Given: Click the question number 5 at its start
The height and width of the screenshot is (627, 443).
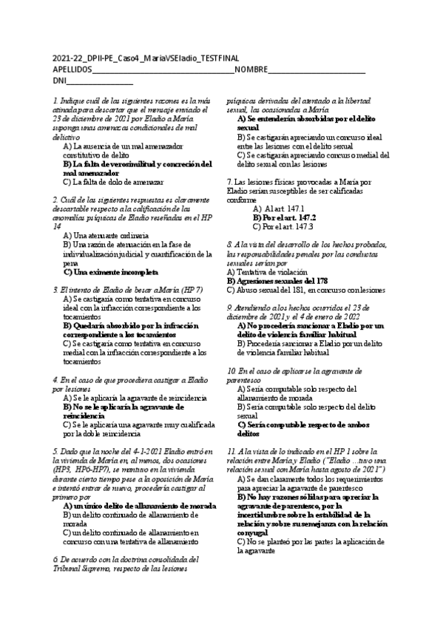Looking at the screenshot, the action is point(55,450).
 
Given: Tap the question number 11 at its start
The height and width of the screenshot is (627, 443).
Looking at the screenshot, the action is point(231,450).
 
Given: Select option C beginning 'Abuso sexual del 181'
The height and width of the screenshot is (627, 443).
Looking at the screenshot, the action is point(305,290).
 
